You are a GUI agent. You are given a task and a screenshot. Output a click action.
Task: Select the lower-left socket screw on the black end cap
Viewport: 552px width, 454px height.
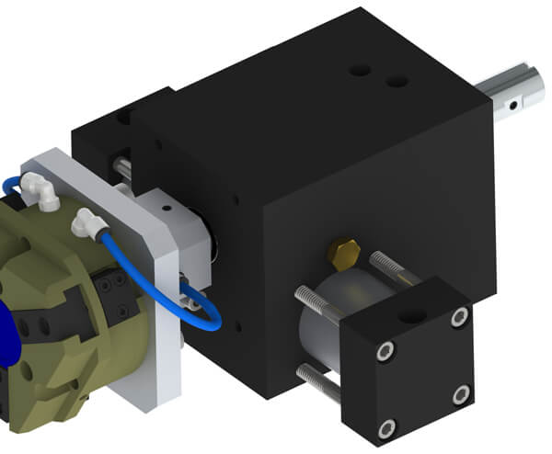tap(387, 426)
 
